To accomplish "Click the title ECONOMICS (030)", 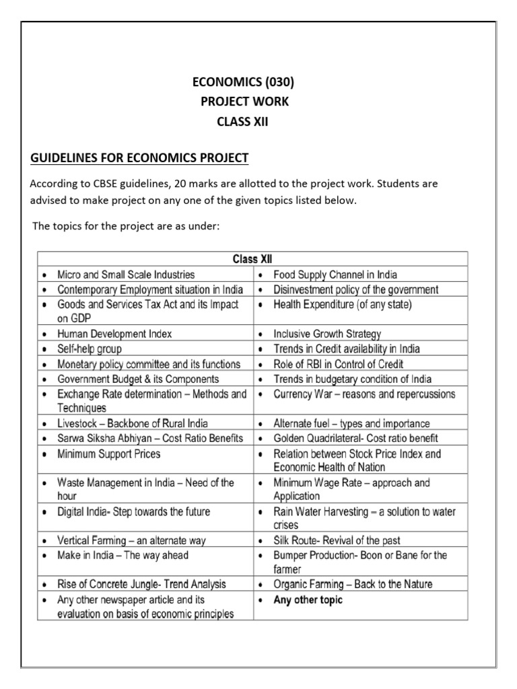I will [x=243, y=83].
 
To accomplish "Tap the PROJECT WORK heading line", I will [x=244, y=102].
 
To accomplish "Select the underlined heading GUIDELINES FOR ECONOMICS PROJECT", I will [x=140, y=158].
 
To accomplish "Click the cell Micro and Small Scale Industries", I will [x=126, y=275].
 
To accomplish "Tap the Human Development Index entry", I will [x=114, y=334].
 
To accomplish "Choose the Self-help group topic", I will [x=90, y=349].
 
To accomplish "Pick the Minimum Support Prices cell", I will [x=109, y=454].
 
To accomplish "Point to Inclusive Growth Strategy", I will [x=327, y=334].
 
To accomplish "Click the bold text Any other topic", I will [x=308, y=600].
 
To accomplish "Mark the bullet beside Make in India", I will [x=44, y=556].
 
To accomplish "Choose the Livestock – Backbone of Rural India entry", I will [x=133, y=424].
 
